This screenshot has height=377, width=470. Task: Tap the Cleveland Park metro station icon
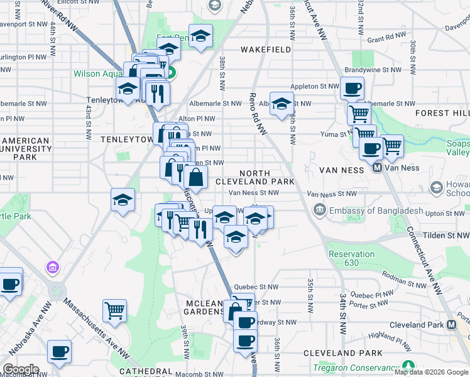[451, 325]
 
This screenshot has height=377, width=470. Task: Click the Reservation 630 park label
[351, 258]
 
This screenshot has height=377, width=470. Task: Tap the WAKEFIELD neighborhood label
[266, 49]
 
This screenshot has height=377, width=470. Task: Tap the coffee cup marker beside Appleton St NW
[352, 88]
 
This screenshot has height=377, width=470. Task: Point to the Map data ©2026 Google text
[431, 372]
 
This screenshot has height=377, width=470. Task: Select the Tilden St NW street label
[444, 235]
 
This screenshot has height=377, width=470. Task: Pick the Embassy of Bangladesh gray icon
[320, 209]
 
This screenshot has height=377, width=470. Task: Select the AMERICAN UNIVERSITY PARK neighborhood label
[26, 149]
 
